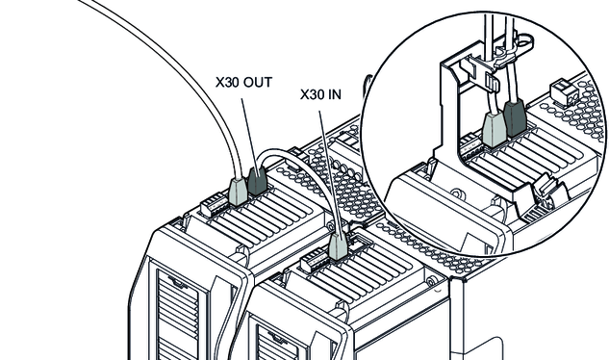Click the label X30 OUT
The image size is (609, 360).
coord(244,83)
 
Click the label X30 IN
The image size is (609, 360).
coord(320,94)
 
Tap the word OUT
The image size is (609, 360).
coord(258,83)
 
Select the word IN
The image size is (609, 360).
coord(336,94)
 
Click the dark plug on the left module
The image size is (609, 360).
coord(257,181)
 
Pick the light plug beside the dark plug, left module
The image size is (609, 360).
coord(238,191)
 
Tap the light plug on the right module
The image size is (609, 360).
coord(338,246)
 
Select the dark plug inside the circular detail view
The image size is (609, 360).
coord(516,117)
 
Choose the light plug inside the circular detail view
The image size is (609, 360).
coord(495,130)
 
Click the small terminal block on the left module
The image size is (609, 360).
coord(212,205)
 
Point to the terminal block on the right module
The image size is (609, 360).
coord(313,261)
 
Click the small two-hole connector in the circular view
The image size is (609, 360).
coord(564,91)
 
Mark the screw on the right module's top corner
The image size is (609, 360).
coord(431,280)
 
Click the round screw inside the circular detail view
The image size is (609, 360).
coord(458,193)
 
